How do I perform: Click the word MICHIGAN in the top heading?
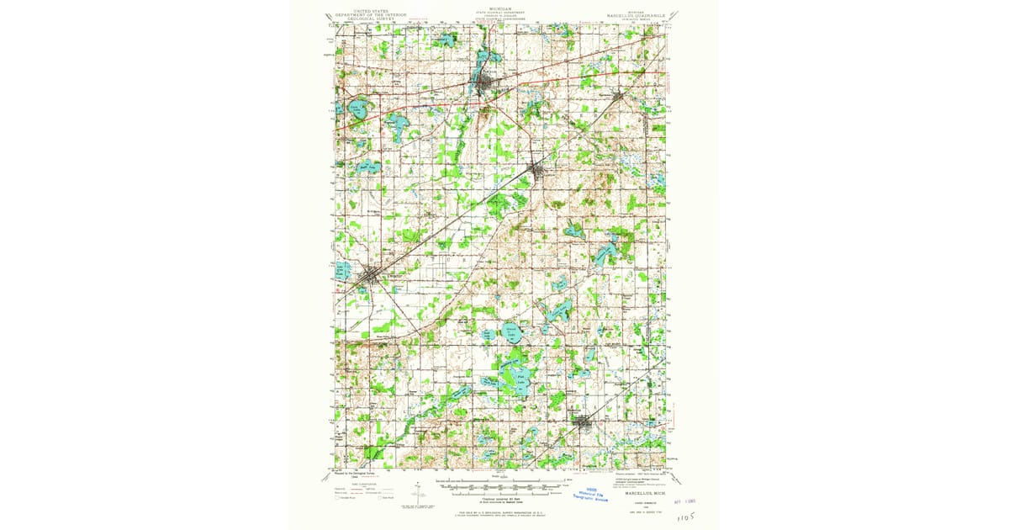tap(501, 5)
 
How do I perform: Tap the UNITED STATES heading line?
tap(372, 5)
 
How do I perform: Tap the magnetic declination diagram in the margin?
tap(418, 494)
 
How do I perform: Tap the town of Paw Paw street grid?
tap(486, 87)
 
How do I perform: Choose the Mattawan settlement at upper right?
tap(621, 97)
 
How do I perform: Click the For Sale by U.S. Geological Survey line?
tap(501, 510)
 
